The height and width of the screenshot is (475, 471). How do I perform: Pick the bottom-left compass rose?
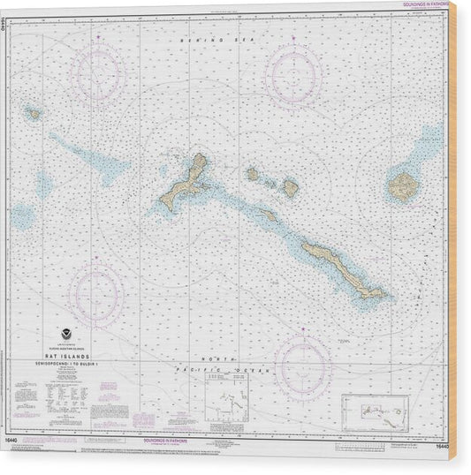[x=97, y=291]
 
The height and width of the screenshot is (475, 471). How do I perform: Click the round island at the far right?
[x=402, y=185]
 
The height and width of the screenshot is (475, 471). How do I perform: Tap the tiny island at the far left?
[x=33, y=113]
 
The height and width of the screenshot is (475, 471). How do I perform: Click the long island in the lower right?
[x=340, y=269]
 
